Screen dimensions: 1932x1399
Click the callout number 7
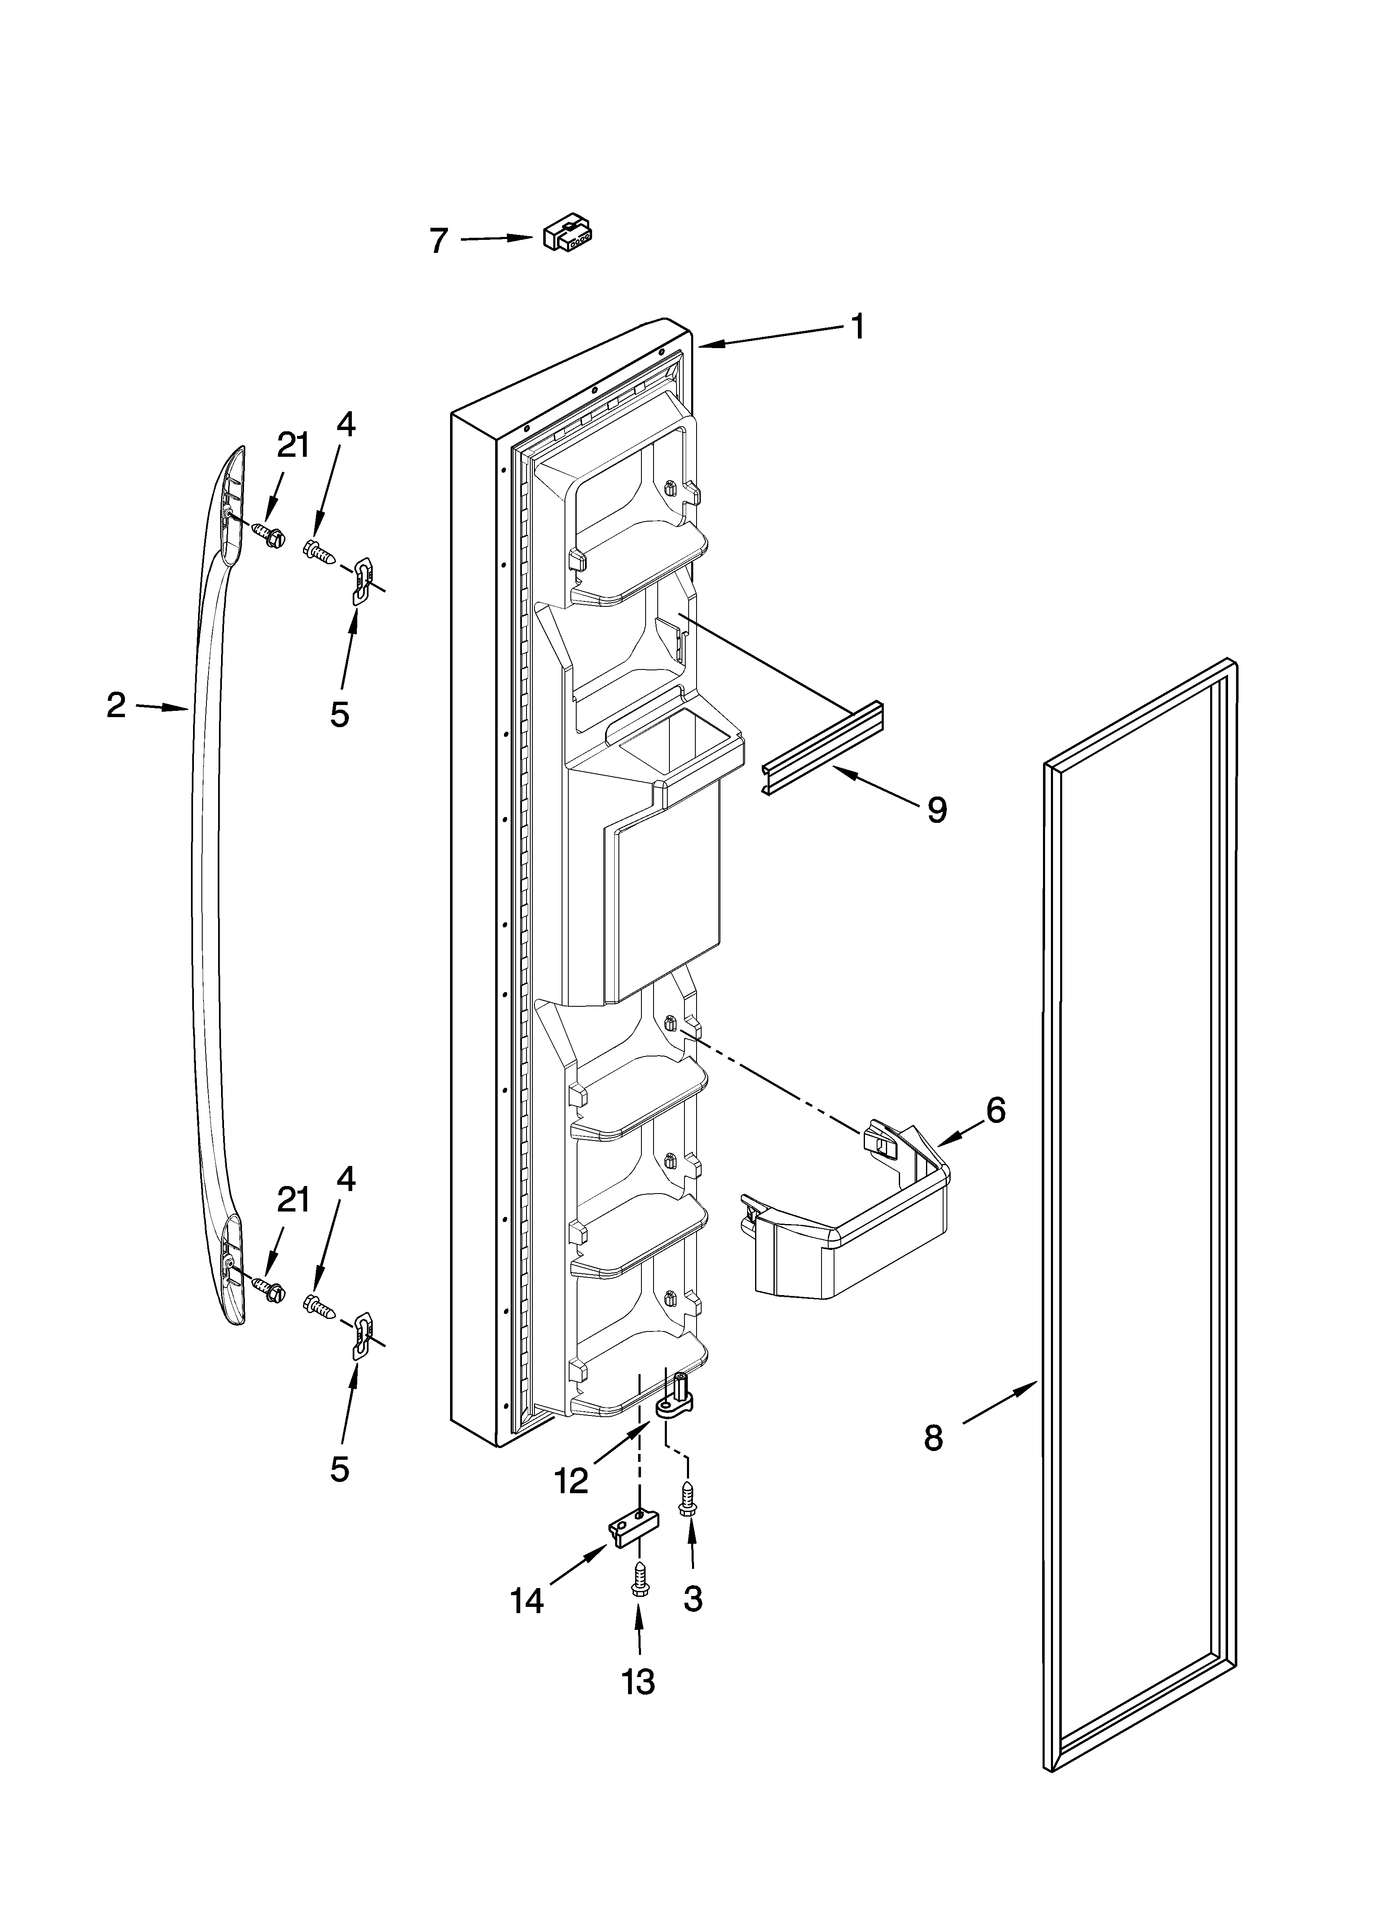coord(438,241)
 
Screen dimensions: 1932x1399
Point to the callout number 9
coord(936,809)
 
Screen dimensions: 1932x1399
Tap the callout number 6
coord(995,1110)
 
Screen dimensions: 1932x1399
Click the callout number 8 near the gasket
coord(934,1438)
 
